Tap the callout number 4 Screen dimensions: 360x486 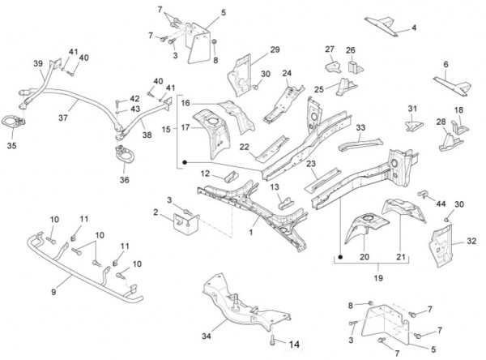(414, 28)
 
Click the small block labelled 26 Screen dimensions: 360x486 (352, 64)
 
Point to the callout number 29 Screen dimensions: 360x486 (275, 50)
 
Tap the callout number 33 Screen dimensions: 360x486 (360, 127)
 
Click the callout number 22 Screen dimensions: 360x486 (244, 146)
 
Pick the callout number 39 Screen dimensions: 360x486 (38, 63)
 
